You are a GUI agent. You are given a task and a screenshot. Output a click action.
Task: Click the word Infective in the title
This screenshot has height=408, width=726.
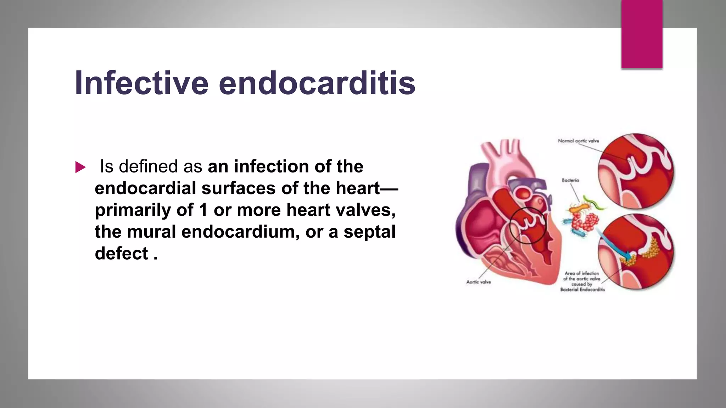click(x=141, y=83)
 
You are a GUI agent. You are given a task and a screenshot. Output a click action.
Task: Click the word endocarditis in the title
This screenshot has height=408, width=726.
click(x=317, y=83)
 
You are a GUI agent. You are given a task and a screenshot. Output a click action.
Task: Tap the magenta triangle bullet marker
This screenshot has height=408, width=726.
click(x=80, y=167)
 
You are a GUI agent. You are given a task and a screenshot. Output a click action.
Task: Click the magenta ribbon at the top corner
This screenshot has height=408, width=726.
click(x=642, y=34)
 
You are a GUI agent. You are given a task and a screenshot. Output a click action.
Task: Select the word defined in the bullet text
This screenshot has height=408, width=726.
click(x=150, y=166)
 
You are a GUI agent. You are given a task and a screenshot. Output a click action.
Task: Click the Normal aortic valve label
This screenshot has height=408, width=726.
click(x=578, y=141)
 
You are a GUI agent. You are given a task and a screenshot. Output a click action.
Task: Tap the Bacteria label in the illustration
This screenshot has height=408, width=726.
click(x=570, y=180)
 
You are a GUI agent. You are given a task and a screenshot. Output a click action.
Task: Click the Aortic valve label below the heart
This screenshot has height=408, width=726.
click(x=478, y=282)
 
